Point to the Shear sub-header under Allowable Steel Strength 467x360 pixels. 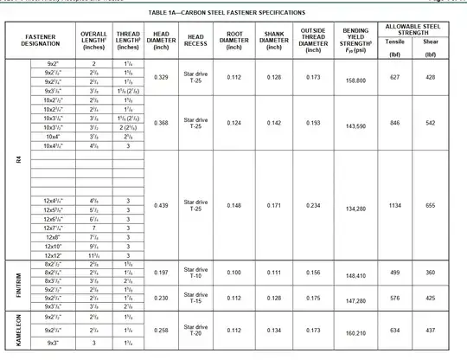pos(430,41)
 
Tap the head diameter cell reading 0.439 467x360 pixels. pos(160,206)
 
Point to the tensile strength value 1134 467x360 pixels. pos(400,206)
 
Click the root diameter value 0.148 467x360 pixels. pos(233,206)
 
